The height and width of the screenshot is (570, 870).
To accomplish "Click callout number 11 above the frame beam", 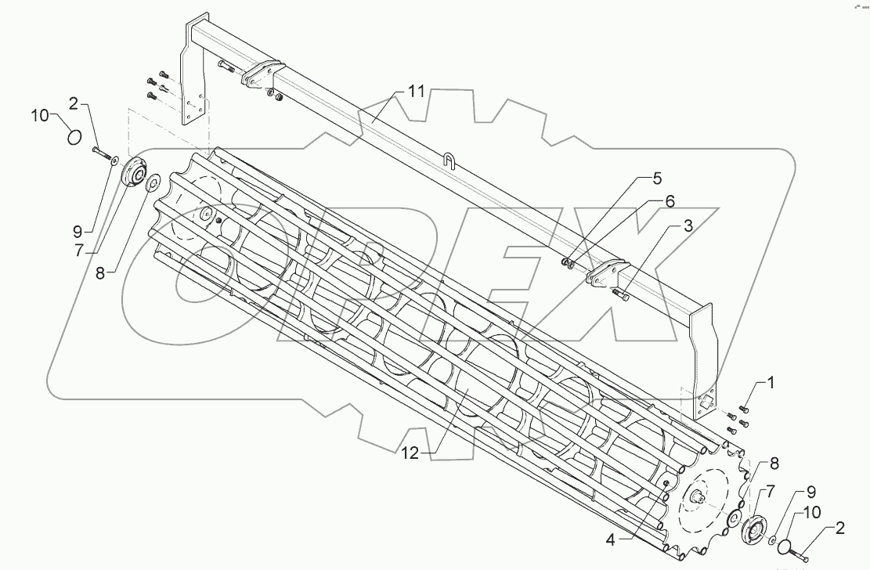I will point(415,92).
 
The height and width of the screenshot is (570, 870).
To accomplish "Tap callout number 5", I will point(656,178).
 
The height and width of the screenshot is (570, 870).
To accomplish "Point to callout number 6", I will point(670,201).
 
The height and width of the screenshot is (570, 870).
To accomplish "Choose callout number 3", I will point(687,227).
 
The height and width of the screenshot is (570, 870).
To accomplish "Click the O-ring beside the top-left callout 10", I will point(74,138).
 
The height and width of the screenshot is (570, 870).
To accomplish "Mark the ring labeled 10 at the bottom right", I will point(785,547).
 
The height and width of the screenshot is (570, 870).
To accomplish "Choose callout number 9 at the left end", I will point(78,232).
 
